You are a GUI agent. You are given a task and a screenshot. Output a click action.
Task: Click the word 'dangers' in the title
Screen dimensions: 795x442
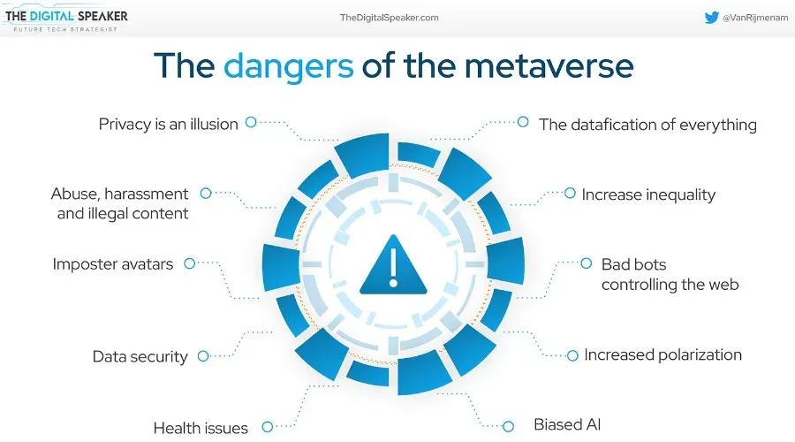[x=289, y=67]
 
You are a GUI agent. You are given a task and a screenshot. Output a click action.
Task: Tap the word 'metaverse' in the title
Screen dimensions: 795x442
[x=549, y=66]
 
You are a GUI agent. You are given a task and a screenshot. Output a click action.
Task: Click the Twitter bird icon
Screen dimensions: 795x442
[x=711, y=18]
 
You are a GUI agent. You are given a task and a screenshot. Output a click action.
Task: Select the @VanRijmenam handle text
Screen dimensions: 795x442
[x=755, y=18]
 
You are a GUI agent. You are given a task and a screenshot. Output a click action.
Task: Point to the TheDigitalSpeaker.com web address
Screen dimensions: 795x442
[x=389, y=18]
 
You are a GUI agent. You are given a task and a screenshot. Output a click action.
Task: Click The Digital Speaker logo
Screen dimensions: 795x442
[x=65, y=20]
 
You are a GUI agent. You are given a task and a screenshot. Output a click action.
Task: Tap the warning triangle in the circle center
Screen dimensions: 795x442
[x=393, y=264]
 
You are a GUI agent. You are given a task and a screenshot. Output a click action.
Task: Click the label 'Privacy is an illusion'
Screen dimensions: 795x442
[x=168, y=125]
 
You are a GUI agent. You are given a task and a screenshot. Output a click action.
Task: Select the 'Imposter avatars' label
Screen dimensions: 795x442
[x=112, y=264]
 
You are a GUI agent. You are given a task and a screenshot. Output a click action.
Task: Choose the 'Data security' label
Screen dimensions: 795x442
[x=140, y=357]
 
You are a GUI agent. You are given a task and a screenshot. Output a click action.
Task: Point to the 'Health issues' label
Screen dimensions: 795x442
[x=201, y=429]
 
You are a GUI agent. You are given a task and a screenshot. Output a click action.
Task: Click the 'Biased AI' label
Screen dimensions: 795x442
[x=567, y=424]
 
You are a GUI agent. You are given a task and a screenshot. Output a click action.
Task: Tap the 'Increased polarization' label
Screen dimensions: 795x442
[x=662, y=354]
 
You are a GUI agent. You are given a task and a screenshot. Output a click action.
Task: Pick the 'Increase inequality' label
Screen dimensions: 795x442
[x=648, y=194]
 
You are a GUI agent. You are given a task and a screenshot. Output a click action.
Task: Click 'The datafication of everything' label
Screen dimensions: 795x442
[x=647, y=125]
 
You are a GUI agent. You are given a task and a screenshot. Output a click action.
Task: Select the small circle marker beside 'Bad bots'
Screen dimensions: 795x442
[x=587, y=263]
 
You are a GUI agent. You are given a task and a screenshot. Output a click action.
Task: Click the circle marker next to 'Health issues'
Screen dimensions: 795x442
[x=267, y=427]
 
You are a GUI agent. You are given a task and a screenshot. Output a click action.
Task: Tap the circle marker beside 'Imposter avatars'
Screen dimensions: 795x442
[x=189, y=263]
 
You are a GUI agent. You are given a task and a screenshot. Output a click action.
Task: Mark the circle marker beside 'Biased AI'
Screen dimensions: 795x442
[x=508, y=426]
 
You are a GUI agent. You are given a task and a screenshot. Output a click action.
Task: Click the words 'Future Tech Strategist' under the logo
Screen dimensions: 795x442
[x=65, y=29]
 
